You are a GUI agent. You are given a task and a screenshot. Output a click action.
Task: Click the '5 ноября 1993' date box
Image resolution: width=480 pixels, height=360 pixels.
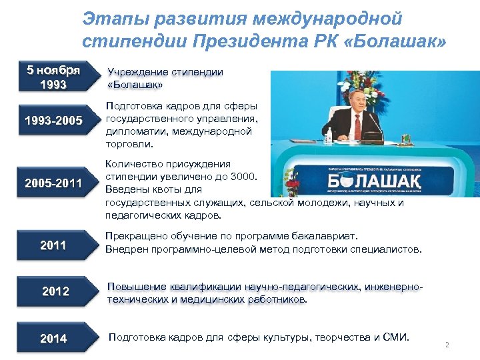(53, 77)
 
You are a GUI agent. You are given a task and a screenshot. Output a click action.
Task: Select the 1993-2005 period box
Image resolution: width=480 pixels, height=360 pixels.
(53, 121)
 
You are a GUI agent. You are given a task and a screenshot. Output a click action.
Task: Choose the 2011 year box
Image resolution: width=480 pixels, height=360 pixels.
(53, 245)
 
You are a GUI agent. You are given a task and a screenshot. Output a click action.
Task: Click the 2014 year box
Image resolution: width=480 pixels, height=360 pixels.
(53, 339)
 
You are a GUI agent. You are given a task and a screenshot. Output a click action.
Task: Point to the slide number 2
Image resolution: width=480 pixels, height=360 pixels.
(447, 345)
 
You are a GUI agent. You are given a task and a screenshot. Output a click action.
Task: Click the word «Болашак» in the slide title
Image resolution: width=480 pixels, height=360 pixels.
(403, 42)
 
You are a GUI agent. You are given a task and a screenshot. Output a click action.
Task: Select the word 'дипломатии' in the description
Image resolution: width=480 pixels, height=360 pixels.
(131, 131)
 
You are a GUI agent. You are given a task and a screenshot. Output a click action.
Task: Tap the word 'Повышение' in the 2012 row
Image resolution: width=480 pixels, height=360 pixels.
(133, 287)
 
